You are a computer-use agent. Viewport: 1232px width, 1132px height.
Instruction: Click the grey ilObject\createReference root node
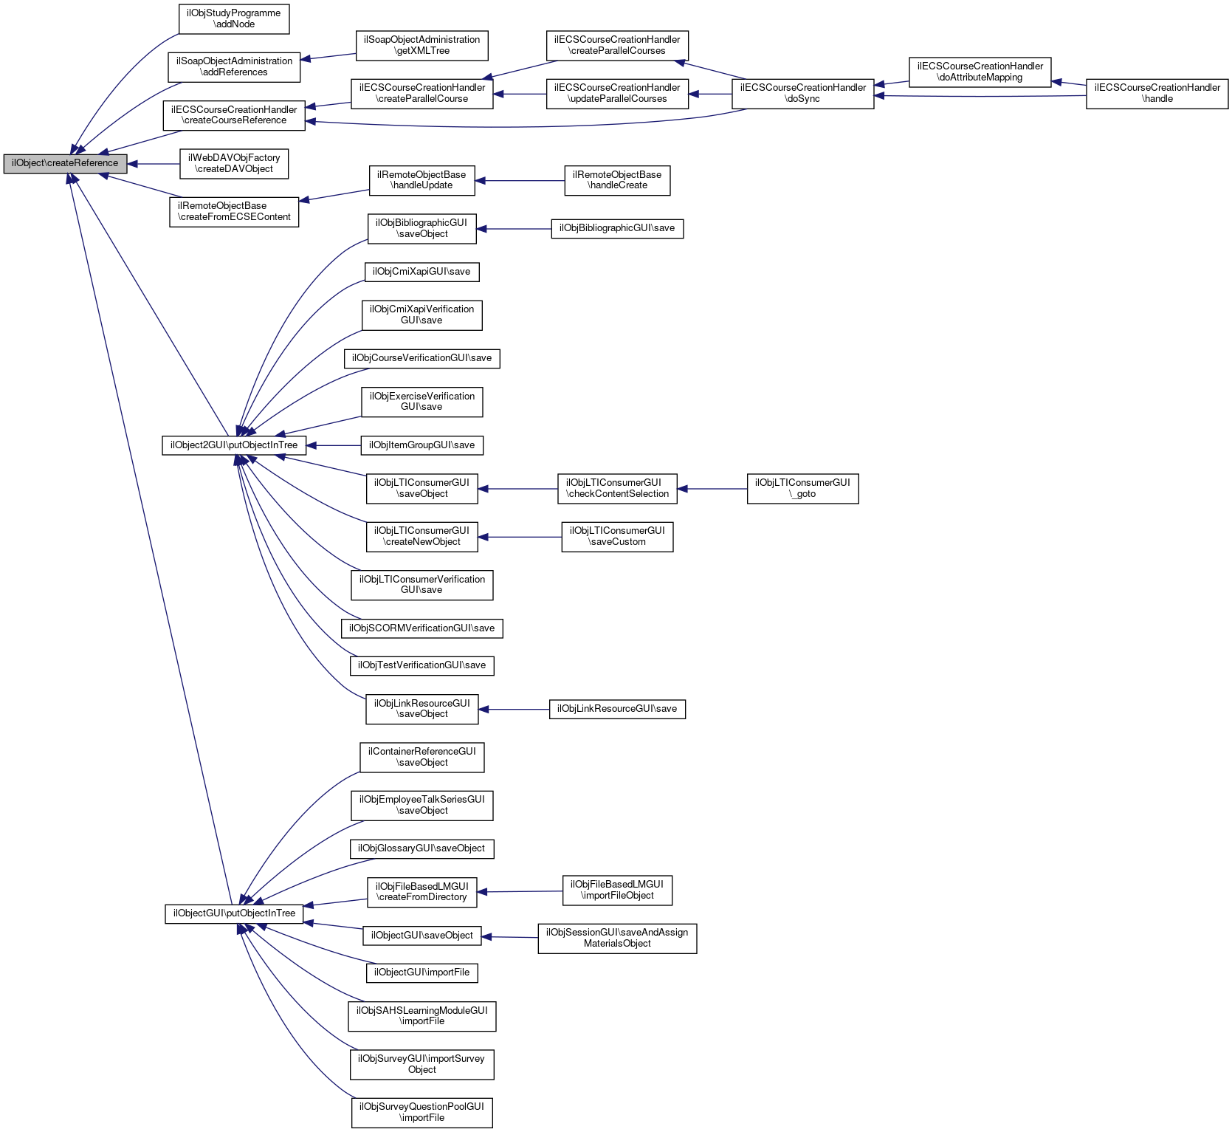coord(65,164)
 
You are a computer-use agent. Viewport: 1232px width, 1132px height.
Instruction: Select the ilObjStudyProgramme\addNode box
coord(234,19)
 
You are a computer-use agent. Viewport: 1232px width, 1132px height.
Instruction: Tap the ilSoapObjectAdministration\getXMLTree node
coord(422,46)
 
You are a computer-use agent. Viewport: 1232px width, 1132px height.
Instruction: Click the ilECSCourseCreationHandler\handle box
coord(1157,94)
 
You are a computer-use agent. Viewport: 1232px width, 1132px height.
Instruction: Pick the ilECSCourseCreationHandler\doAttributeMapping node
coord(980,72)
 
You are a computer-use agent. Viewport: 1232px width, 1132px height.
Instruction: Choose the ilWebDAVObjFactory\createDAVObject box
coord(234,164)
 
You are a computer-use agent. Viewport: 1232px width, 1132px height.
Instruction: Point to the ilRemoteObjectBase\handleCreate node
coord(617,181)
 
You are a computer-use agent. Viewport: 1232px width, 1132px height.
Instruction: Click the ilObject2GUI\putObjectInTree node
coord(234,446)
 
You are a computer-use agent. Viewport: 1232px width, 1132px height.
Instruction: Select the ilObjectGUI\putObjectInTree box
coord(234,914)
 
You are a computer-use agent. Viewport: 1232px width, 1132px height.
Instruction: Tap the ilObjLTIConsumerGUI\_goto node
coord(802,489)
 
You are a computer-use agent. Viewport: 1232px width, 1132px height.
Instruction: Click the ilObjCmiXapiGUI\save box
coord(422,272)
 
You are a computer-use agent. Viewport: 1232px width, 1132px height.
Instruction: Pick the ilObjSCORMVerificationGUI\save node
coord(422,629)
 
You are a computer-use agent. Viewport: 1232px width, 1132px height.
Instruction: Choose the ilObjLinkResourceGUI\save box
coord(617,710)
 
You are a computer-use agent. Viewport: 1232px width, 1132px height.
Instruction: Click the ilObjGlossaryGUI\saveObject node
coord(422,849)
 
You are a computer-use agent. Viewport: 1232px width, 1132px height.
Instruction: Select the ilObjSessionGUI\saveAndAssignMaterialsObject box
coord(617,939)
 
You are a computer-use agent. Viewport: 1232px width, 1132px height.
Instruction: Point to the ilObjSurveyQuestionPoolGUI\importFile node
coord(422,1113)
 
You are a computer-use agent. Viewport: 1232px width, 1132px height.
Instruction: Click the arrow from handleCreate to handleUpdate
coord(520,181)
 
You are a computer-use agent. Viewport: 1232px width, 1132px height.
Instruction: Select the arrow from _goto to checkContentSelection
coord(712,489)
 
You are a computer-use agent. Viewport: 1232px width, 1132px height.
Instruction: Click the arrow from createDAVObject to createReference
coord(154,164)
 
